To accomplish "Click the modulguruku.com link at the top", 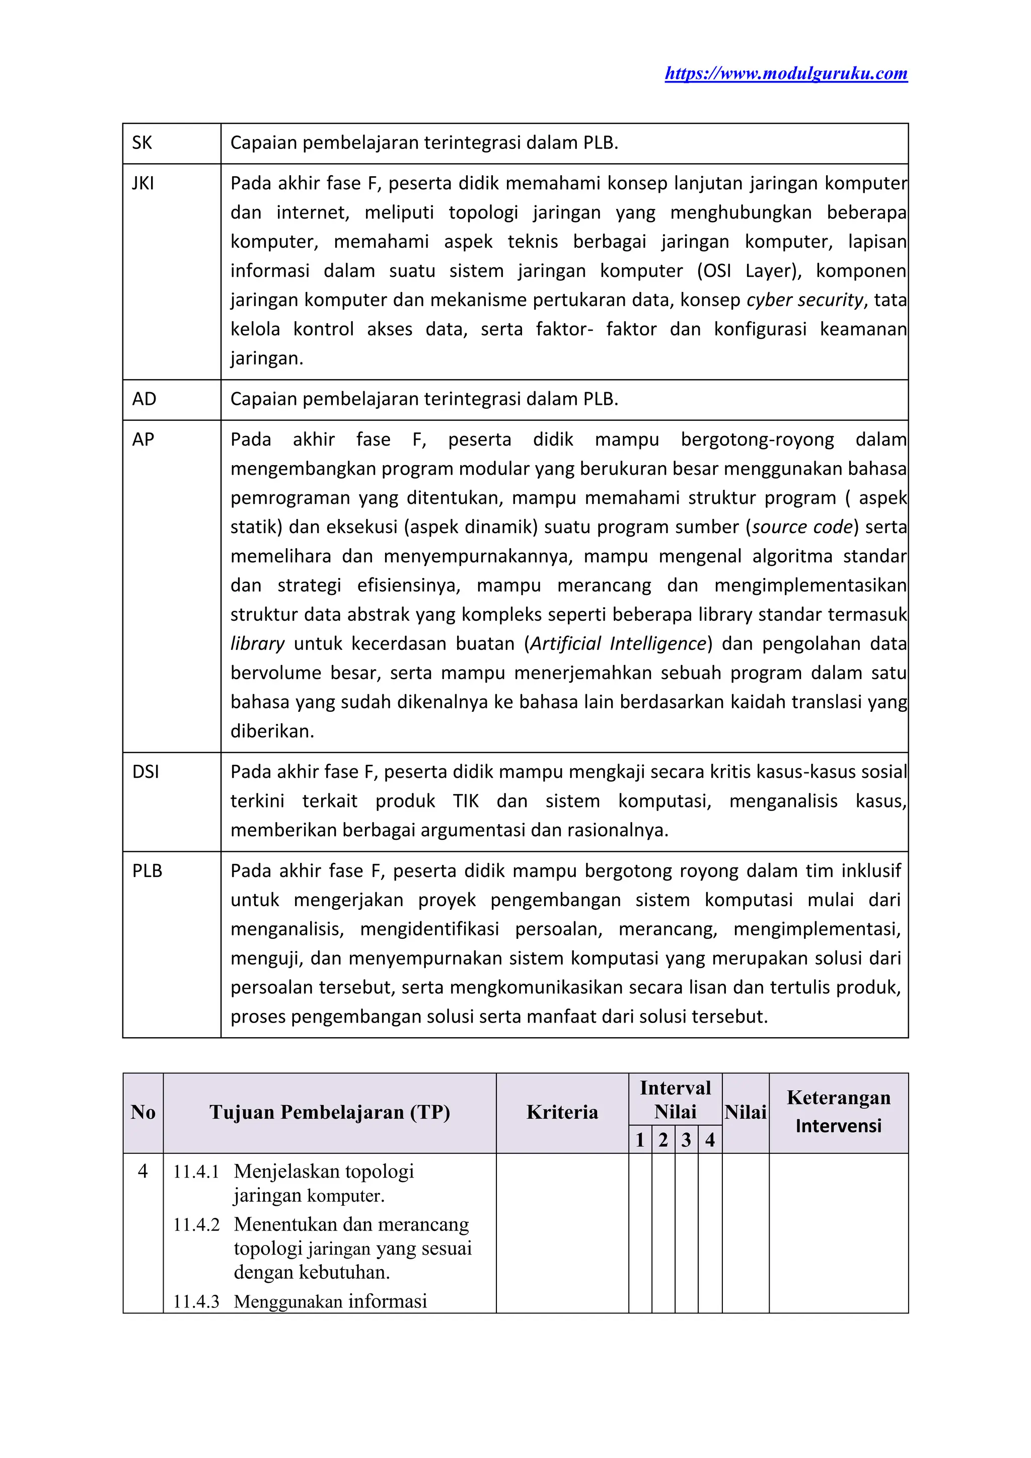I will click(786, 74).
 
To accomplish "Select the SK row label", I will click(142, 143).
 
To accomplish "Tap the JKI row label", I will click(143, 184).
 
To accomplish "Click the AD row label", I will click(144, 399).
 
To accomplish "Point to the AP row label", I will click(143, 440).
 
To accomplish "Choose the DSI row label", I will click(145, 772).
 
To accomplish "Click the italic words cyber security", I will click(805, 300).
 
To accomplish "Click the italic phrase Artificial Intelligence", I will click(618, 644).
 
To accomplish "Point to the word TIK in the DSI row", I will click(466, 801).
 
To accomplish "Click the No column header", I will click(143, 1112).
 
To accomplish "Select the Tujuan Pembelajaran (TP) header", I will click(330, 1112).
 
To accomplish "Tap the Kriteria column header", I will click(562, 1112).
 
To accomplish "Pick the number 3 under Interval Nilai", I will click(686, 1140).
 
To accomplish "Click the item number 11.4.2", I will click(196, 1224).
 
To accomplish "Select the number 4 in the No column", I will click(143, 1171).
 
